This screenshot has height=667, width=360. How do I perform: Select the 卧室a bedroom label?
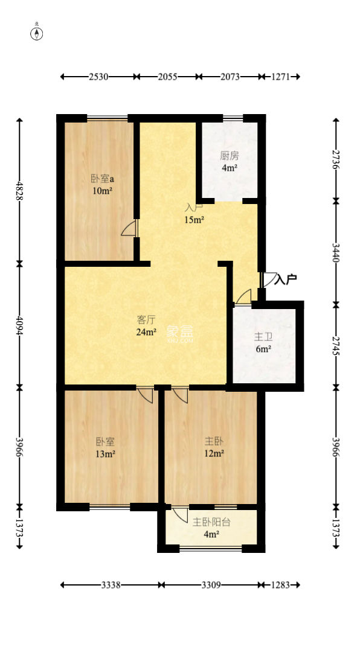coord(101,179)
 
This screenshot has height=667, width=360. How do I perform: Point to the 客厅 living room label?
coord(146,319)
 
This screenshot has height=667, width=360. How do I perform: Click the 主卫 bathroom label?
coord(263,337)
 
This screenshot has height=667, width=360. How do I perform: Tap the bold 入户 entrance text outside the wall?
coord(286,279)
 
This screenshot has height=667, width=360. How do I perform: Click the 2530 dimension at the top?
coord(98,77)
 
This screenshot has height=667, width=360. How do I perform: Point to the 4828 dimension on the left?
coord(20,191)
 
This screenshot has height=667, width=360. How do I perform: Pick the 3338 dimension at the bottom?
coord(111,584)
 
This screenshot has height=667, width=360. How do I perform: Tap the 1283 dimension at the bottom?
coord(281,584)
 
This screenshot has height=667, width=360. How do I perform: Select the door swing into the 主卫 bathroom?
coord(243,297)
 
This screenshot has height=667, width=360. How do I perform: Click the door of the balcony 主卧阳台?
coord(180,515)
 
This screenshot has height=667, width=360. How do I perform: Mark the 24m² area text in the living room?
coord(147,331)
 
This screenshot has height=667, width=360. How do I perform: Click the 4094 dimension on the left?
coord(20,324)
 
